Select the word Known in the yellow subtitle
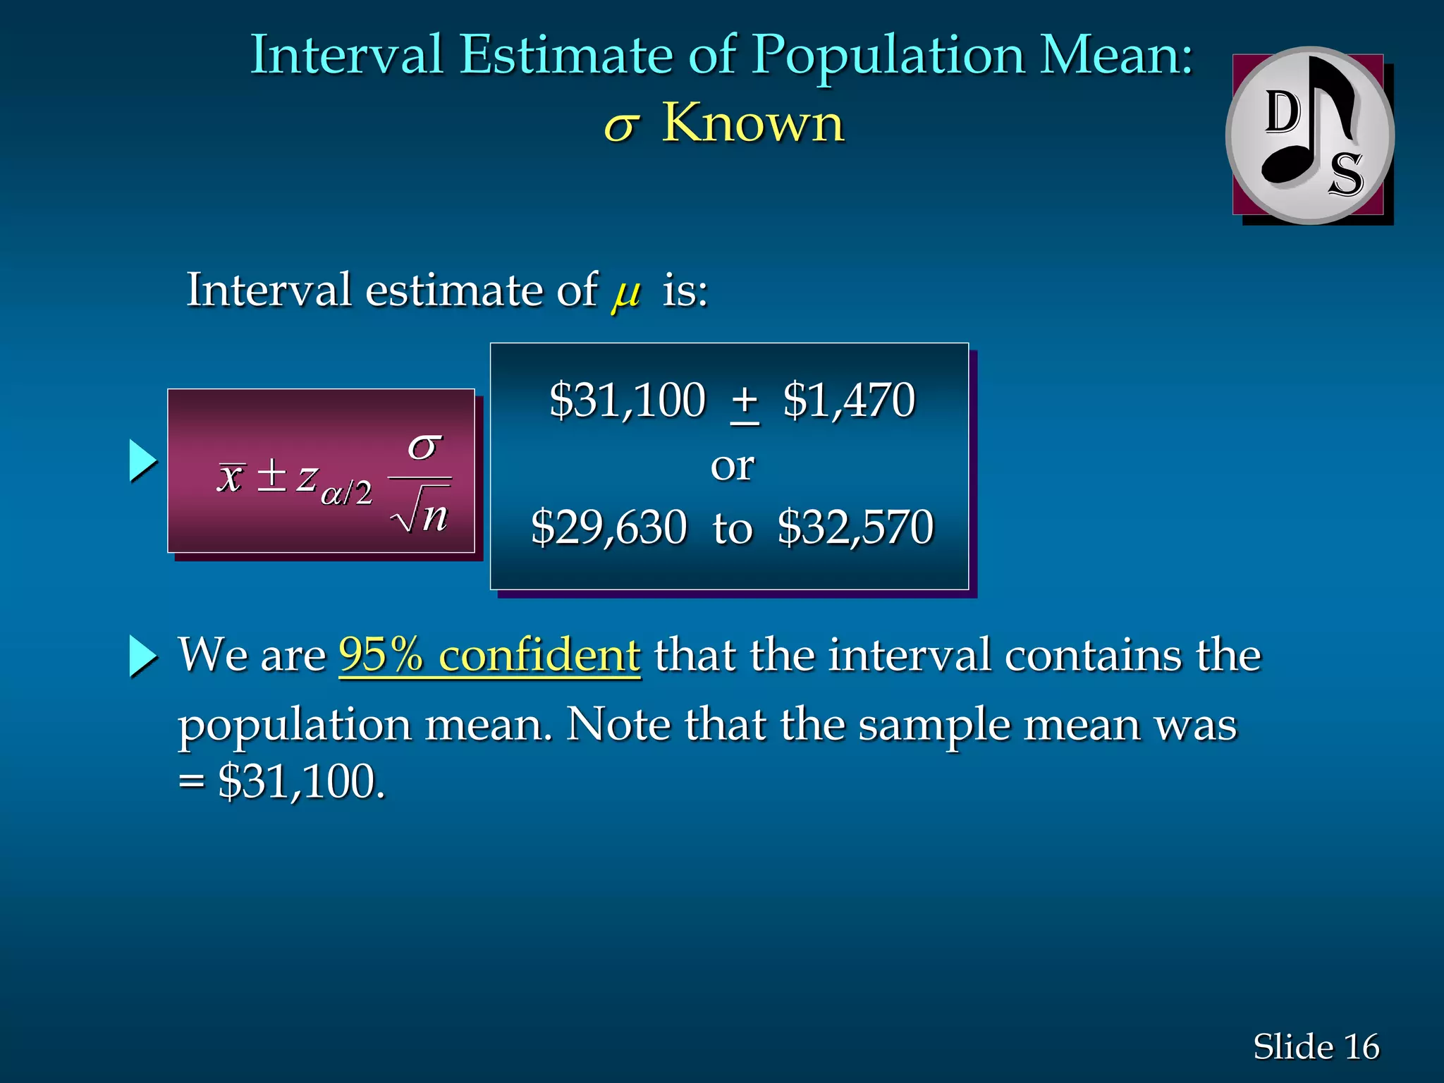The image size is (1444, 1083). pyautogui.click(x=752, y=123)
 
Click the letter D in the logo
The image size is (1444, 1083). pyautogui.click(x=1283, y=113)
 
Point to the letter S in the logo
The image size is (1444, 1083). pyautogui.click(x=1345, y=174)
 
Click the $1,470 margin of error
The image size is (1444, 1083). pyautogui.click(x=848, y=400)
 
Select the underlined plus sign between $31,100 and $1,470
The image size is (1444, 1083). pyautogui.click(x=745, y=402)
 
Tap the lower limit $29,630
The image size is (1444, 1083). pyautogui.click(x=608, y=527)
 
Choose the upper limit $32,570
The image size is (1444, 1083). pyautogui.click(x=855, y=527)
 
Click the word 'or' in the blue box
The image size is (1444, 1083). pyautogui.click(x=732, y=466)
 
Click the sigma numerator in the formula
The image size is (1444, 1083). pyautogui.click(x=424, y=446)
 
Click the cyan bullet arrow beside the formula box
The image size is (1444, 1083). pyautogui.click(x=142, y=461)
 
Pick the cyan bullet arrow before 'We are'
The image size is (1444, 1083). pyautogui.click(x=142, y=656)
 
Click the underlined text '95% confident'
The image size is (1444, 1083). pyautogui.click(x=489, y=655)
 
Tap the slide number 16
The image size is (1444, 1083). pyautogui.click(x=1361, y=1046)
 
